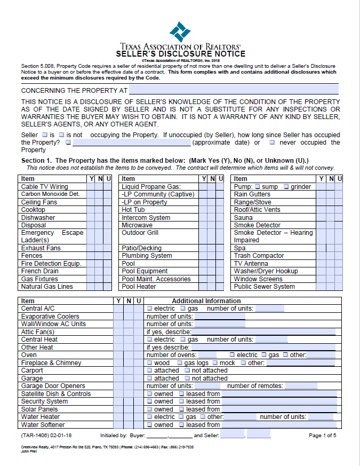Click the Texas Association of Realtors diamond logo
click(x=180, y=31)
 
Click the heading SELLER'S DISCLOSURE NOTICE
click(x=180, y=54)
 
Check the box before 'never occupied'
click(x=272, y=143)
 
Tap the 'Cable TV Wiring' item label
click(x=45, y=187)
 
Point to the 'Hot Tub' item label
click(x=133, y=210)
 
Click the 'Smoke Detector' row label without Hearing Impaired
click(x=257, y=225)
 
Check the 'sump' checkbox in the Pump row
click(x=257, y=187)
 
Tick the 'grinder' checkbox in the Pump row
click(x=287, y=187)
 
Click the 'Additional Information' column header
click(x=206, y=301)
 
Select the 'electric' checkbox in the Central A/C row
click(x=150, y=309)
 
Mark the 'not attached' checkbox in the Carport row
click(x=187, y=370)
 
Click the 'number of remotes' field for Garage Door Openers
click(x=301, y=386)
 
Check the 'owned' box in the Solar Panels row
click(x=150, y=409)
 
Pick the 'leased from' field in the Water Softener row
click(x=279, y=425)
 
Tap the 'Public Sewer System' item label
click(x=264, y=287)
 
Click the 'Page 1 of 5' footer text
click(x=322, y=436)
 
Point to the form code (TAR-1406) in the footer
click(x=38, y=436)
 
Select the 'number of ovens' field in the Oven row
click(x=207, y=355)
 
